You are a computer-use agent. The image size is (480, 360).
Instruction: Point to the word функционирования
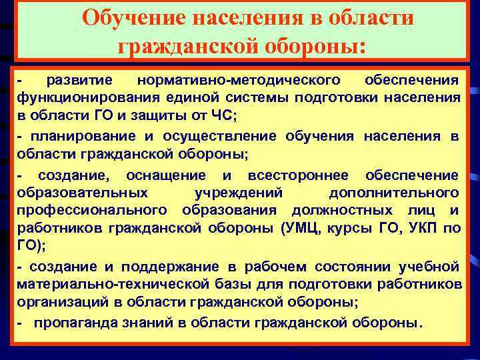click(84, 98)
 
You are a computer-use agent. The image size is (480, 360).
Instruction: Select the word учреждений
click(239, 193)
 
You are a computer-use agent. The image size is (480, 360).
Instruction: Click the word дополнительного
click(394, 193)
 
